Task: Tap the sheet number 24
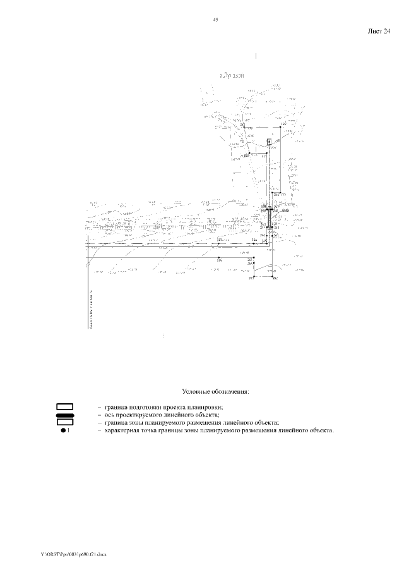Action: (x=386, y=31)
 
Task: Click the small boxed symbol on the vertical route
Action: (x=269, y=142)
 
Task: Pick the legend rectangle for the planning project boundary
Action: (x=65, y=406)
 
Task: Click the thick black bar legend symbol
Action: (x=65, y=415)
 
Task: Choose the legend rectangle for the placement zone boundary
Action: (x=65, y=422)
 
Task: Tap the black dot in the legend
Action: (x=64, y=430)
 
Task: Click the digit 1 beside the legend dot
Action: (x=69, y=430)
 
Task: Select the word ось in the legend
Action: (x=110, y=415)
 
